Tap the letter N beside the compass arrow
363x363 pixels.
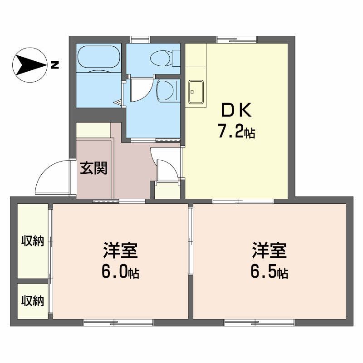[x=55, y=65]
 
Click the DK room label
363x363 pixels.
[x=235, y=110]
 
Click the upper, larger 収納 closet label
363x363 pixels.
[x=33, y=241]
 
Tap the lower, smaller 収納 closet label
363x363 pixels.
[x=33, y=300]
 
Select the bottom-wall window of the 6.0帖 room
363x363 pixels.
[x=118, y=323]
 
